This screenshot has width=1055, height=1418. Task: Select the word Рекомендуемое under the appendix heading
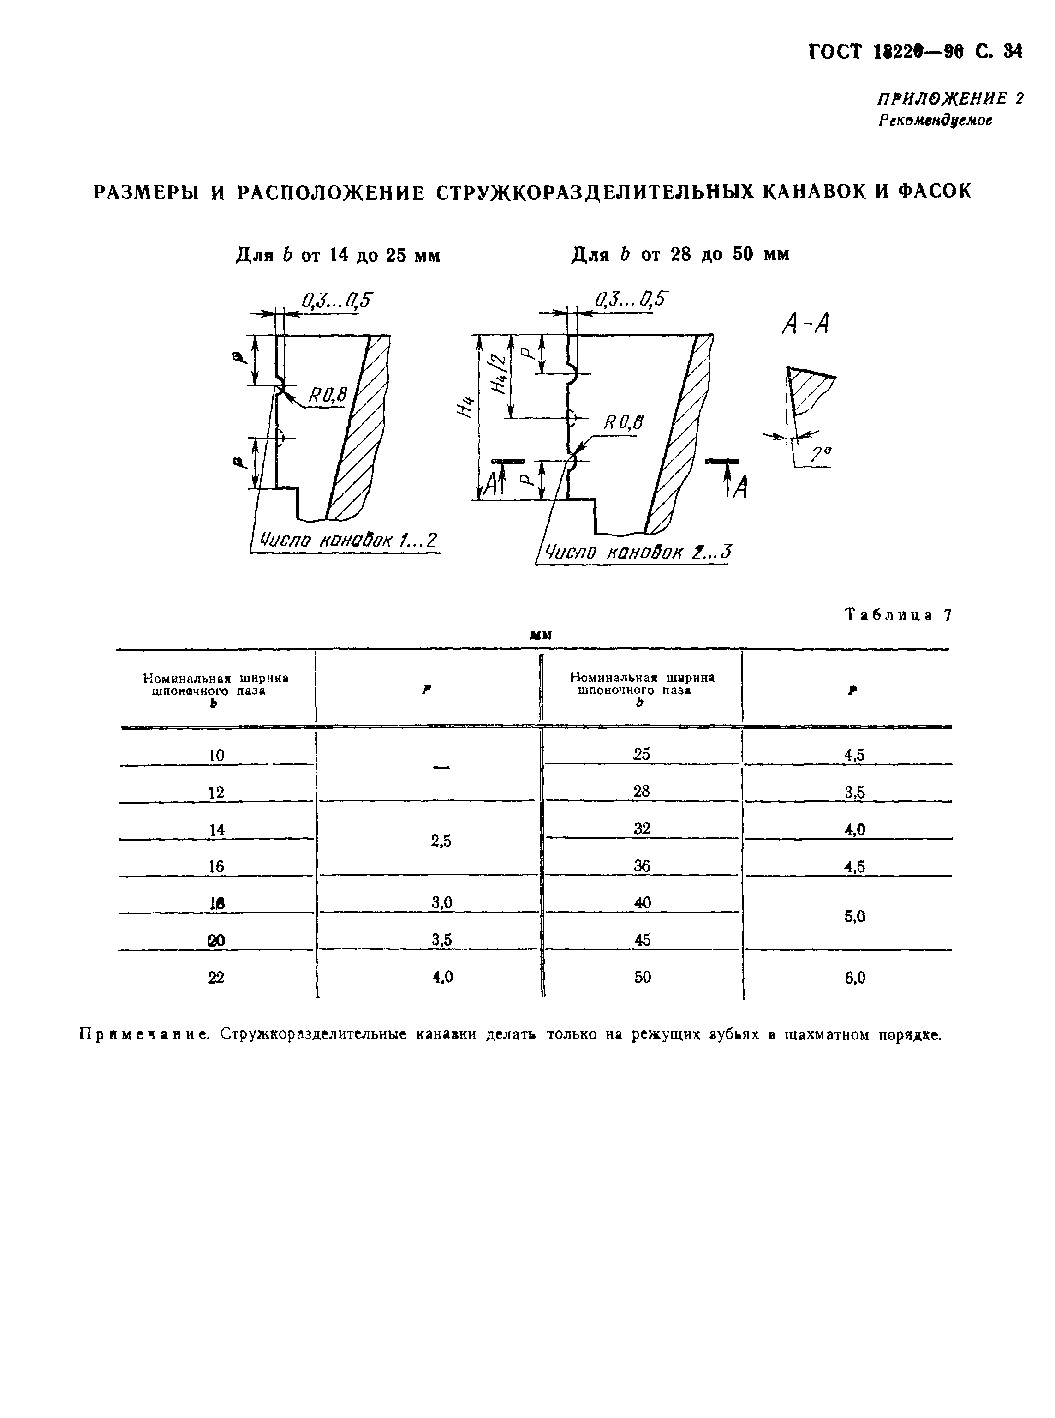tap(935, 120)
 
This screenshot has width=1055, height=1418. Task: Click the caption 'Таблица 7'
tap(898, 615)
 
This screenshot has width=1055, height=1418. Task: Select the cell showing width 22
tap(216, 978)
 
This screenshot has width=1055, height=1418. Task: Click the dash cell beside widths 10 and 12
tap(441, 767)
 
